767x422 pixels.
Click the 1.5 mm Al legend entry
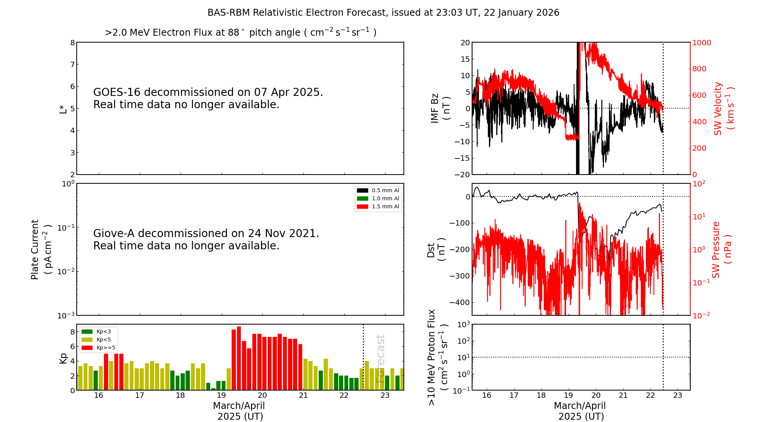point(378,206)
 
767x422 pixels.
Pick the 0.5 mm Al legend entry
point(378,190)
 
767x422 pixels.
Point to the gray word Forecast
point(380,358)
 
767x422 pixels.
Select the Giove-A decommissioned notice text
point(206,239)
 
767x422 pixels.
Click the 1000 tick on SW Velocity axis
point(701,43)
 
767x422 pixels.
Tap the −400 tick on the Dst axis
point(459,302)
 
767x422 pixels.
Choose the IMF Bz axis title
point(440,108)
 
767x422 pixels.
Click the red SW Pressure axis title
point(721,249)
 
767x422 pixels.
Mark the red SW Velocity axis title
point(723,108)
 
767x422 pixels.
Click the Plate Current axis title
point(41,249)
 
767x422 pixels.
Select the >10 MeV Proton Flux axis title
point(438,357)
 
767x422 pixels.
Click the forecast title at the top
point(383,13)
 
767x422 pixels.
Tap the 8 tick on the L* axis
point(72,43)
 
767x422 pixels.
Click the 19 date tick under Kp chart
point(221,396)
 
